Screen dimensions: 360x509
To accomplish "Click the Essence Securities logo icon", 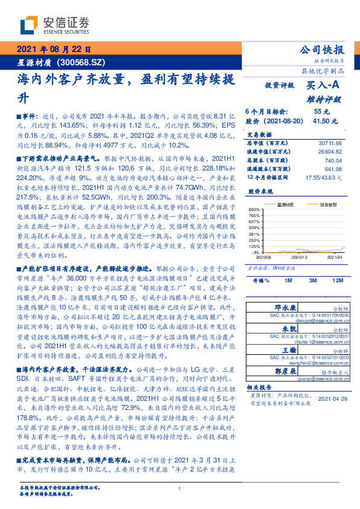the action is (30, 25).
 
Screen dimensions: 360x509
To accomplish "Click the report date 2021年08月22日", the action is (53, 50).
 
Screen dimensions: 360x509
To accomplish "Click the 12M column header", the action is (337, 281).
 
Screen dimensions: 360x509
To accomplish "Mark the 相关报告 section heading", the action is (260, 386).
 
